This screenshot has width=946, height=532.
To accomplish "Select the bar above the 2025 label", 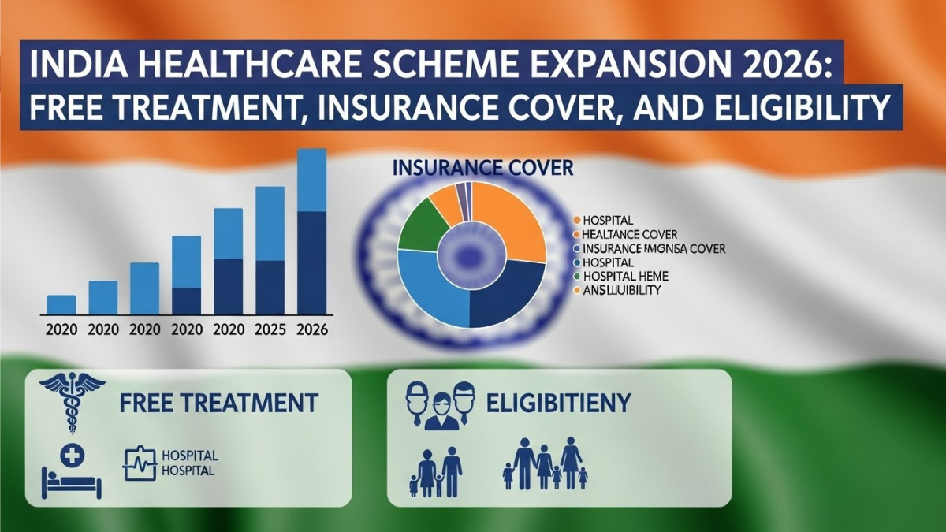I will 270,250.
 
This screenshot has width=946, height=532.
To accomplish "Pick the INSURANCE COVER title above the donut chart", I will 482,168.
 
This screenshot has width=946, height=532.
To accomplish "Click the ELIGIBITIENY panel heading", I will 558,404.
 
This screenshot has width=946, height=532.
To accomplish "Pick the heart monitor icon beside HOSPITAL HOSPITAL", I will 136,463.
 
